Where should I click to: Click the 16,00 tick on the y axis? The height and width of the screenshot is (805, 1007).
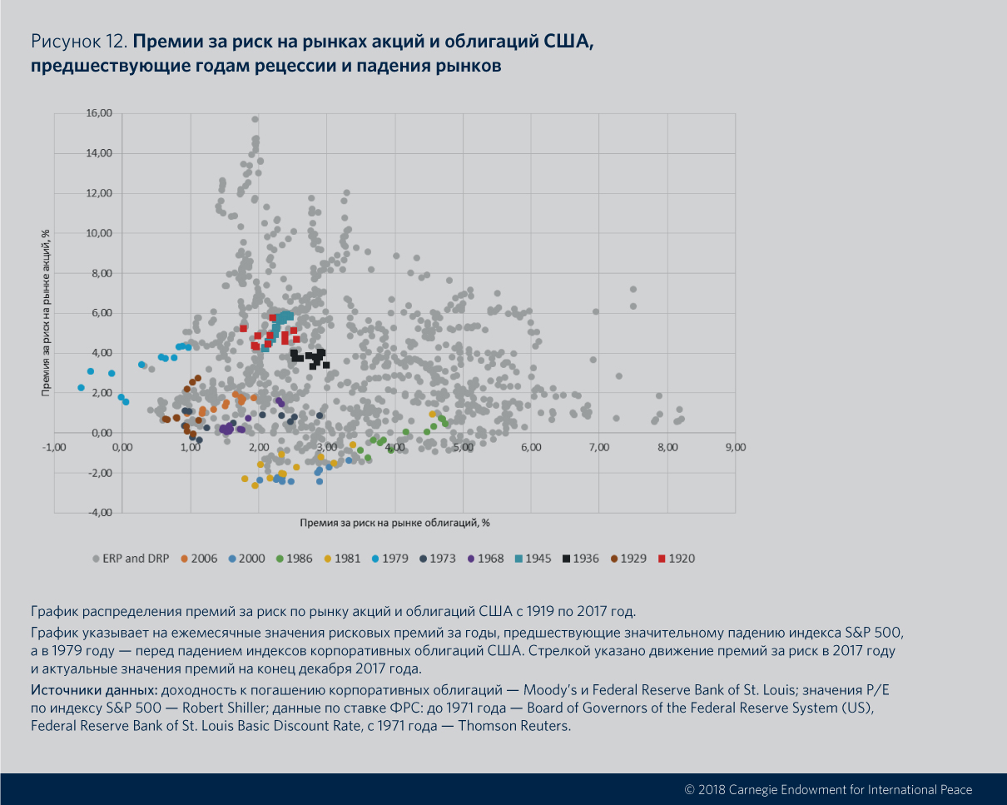[x=98, y=113]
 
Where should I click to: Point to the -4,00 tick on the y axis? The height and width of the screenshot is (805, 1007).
[x=98, y=513]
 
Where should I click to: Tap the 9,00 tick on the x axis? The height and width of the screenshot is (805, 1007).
[x=736, y=447]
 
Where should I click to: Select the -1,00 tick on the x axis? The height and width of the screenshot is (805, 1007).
[x=55, y=447]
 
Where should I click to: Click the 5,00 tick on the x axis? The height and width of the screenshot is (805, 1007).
[x=463, y=447]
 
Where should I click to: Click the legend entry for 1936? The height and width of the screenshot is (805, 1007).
[x=580, y=558]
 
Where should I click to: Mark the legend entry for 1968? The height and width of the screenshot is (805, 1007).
[x=484, y=558]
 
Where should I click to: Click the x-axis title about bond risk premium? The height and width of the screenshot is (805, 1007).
[x=394, y=523]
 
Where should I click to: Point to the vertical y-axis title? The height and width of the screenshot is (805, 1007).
[x=47, y=313]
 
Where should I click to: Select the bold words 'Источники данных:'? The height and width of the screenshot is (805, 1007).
[x=93, y=690]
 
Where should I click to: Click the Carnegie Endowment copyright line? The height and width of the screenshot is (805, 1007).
[x=827, y=789]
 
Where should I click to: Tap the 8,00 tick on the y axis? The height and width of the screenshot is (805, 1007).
[x=98, y=273]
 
